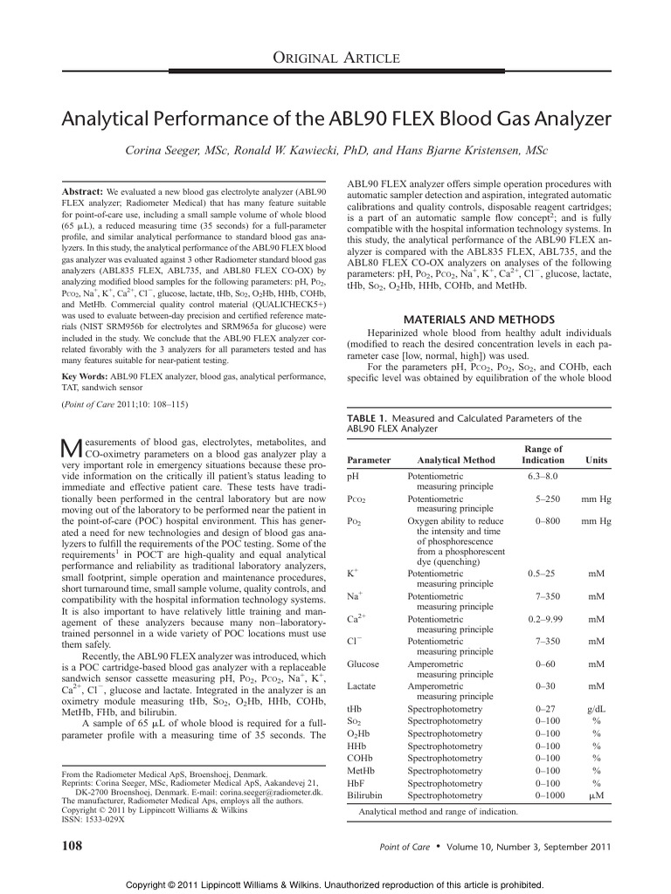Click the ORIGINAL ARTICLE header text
335,58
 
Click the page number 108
70,845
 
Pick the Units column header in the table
597,459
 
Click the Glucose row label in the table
363,664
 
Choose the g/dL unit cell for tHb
597,710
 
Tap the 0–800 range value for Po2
549,521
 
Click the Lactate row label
362,687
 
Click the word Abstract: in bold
81,190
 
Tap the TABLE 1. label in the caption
370,418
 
